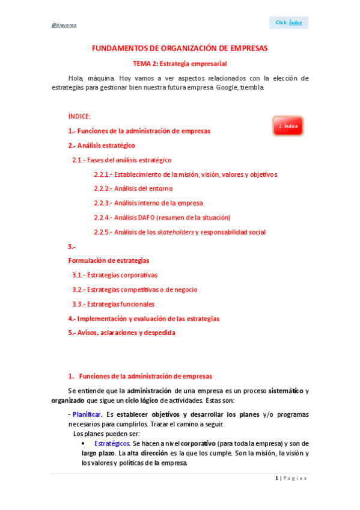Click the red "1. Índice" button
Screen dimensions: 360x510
(x=288, y=126)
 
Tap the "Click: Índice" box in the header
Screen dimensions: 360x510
(x=289, y=22)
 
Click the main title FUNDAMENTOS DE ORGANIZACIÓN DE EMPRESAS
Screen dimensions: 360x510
(x=180, y=48)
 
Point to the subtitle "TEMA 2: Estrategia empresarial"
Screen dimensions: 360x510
(x=180, y=63)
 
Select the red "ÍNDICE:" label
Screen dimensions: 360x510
(x=79, y=116)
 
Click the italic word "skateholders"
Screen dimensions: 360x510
(x=175, y=232)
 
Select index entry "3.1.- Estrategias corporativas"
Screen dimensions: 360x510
(x=115, y=275)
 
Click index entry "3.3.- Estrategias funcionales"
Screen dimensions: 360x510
(x=113, y=304)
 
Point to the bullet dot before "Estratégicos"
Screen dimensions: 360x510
(x=84, y=443)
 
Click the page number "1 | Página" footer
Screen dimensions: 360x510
(x=291, y=478)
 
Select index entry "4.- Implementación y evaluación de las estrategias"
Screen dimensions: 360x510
(x=144, y=318)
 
